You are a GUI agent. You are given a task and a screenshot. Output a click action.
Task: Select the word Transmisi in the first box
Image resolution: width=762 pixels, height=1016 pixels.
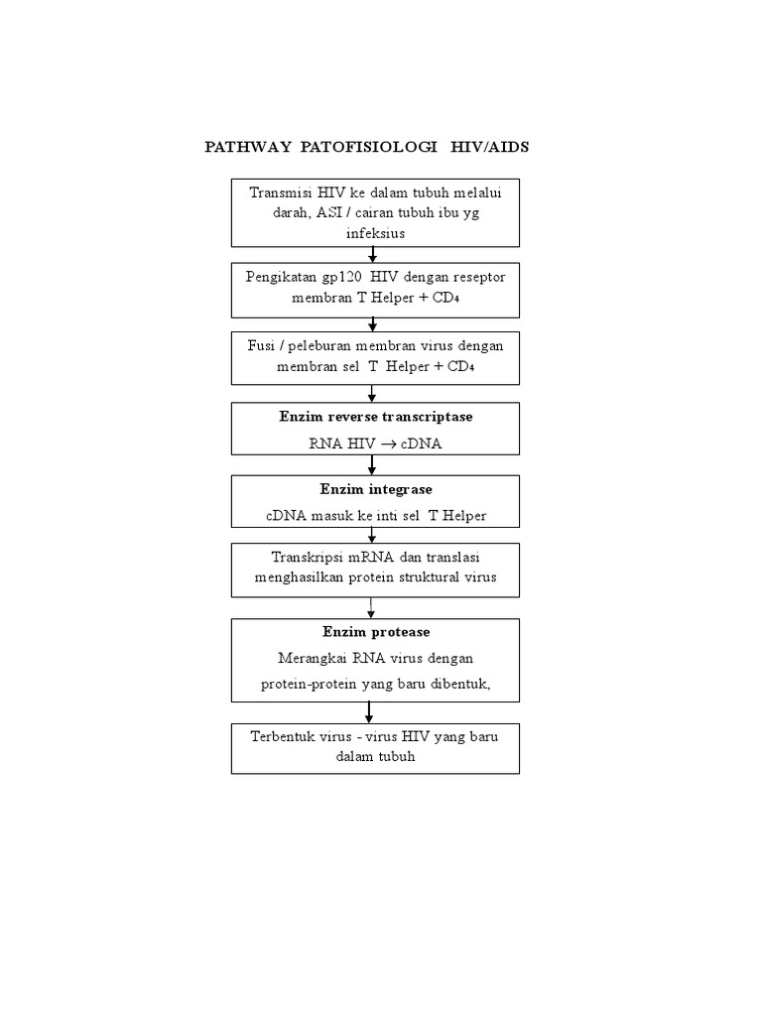(282, 192)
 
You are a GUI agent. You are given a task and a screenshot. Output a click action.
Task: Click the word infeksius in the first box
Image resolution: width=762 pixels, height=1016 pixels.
(375, 232)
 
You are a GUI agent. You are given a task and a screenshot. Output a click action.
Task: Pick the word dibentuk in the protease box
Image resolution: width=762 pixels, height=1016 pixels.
(456, 684)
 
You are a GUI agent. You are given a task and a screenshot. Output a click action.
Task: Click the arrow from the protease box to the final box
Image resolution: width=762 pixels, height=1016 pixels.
(369, 712)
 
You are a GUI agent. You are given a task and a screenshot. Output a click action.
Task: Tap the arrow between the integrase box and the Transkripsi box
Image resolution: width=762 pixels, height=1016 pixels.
(373, 534)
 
